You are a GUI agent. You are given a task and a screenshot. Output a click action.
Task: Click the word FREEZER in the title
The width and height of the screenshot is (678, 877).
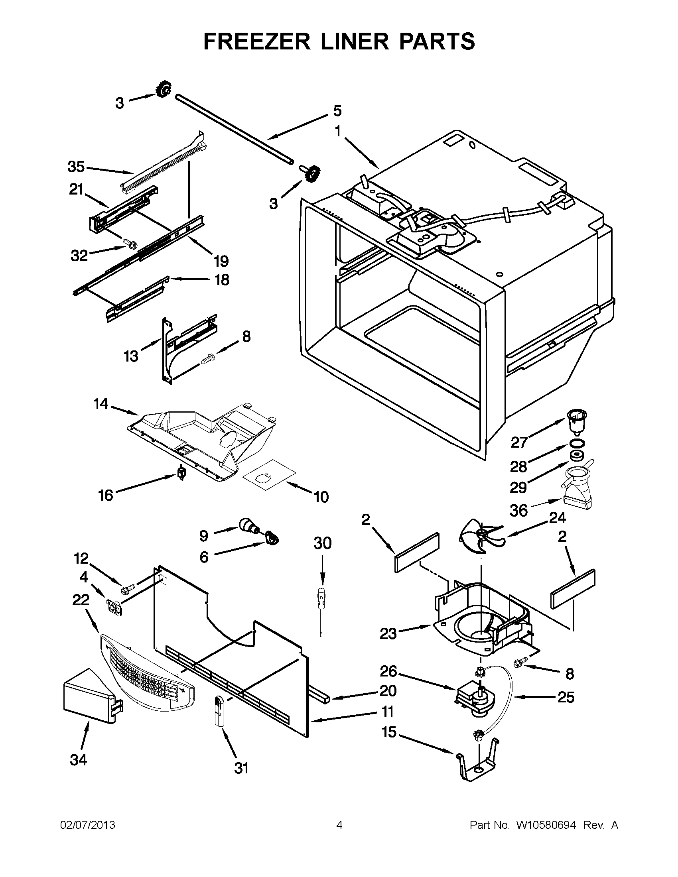[257, 41]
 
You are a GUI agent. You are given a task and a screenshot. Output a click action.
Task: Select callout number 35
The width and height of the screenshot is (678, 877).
[76, 167]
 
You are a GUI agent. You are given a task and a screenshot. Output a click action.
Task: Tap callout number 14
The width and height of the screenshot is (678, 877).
[101, 403]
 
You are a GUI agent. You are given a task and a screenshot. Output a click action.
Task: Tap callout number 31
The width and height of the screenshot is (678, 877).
[241, 768]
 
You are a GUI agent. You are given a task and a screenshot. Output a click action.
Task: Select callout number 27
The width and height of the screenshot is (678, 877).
[518, 442]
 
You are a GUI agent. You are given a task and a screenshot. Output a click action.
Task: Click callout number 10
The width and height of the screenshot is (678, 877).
[321, 497]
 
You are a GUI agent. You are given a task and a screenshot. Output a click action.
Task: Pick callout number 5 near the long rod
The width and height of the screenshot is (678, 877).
[337, 110]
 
